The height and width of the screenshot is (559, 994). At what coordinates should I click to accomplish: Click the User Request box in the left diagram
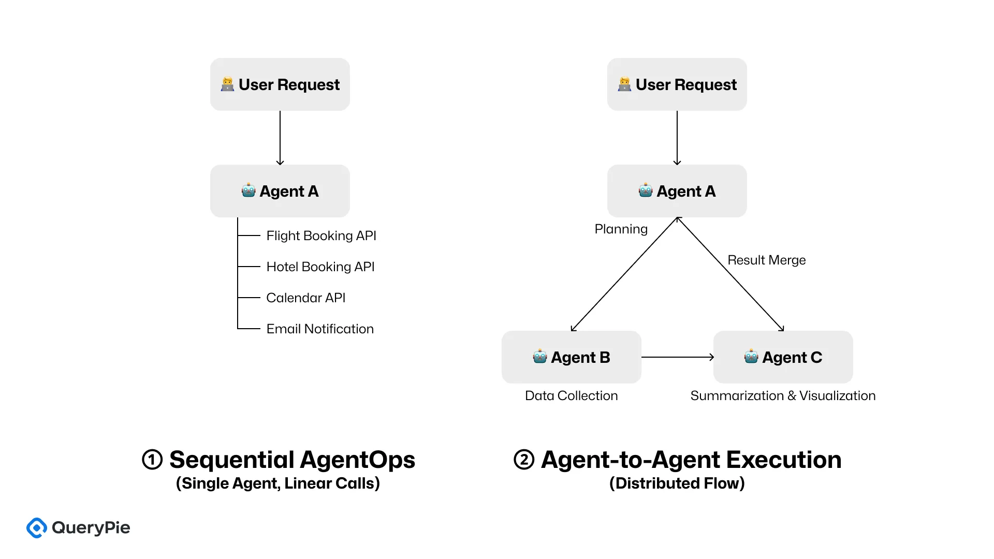(280, 84)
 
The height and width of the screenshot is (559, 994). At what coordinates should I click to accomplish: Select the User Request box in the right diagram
(677, 84)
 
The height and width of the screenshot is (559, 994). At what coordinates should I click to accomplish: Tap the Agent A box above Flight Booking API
(280, 191)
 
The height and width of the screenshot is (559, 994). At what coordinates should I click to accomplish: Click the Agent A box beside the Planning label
(677, 191)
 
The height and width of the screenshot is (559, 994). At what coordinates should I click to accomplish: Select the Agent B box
(571, 357)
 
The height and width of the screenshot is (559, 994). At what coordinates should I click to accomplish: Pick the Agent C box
(783, 357)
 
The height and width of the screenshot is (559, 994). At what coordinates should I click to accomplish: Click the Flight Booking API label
(321, 236)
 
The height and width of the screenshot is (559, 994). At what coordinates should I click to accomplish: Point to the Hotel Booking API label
(320, 267)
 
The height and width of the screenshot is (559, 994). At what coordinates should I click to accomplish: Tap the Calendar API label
(305, 298)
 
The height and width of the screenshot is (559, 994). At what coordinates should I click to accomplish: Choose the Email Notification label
(319, 329)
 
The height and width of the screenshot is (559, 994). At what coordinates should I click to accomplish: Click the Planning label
(621, 229)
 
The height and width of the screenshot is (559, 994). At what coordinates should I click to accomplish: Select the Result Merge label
(766, 260)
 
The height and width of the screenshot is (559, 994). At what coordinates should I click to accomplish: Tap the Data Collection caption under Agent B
(571, 395)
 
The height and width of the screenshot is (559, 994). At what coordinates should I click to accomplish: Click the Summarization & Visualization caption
(783, 395)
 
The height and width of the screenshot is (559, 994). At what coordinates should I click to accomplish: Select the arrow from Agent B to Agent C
(677, 357)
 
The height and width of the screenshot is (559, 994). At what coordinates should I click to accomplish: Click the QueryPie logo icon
(37, 528)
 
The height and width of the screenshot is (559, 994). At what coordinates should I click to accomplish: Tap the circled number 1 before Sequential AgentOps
(152, 460)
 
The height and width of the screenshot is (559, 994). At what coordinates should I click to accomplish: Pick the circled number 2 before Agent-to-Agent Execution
(524, 460)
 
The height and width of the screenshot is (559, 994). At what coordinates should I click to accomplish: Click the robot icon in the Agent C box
(751, 357)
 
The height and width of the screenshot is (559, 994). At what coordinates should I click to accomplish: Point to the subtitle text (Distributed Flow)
(677, 483)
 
